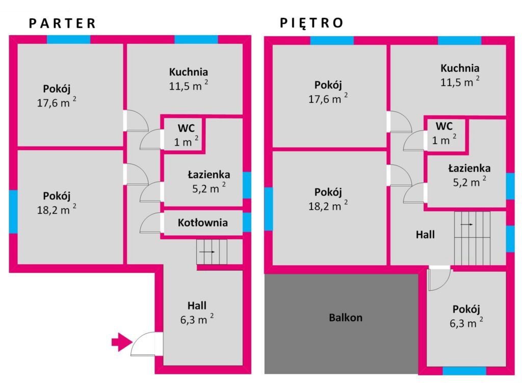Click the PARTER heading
click(x=63, y=23)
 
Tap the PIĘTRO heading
click(x=311, y=22)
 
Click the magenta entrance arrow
click(x=122, y=342)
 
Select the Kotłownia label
click(x=203, y=222)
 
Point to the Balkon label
click(x=346, y=318)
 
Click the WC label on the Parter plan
click(x=186, y=128)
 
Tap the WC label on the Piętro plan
click(x=444, y=126)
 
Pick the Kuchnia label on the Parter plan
click(x=189, y=72)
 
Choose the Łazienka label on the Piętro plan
click(x=469, y=168)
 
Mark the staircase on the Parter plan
click(x=212, y=252)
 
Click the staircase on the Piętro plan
click(x=473, y=238)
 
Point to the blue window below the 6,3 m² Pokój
click(x=464, y=371)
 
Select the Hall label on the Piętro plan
click(x=425, y=235)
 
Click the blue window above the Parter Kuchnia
click(x=196, y=39)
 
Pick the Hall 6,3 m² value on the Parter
click(x=197, y=319)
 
